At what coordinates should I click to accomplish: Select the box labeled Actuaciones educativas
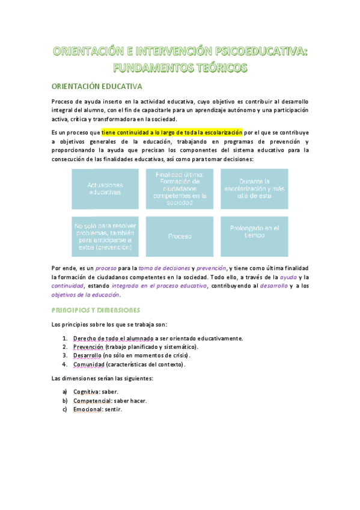coord(105,188)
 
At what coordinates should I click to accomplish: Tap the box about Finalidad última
coord(180,188)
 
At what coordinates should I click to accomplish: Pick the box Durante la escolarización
coord(254,188)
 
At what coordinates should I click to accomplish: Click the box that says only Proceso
coord(180,236)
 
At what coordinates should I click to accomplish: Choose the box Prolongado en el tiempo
coord(254,232)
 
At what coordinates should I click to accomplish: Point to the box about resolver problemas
coord(105,236)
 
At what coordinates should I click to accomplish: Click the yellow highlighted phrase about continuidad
coord(172,132)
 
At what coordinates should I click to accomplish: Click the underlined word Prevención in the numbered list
coord(88,347)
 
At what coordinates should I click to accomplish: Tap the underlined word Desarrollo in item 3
coord(88,355)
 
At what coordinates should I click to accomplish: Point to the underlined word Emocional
coord(87,410)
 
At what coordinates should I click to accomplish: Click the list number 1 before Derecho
coord(64,338)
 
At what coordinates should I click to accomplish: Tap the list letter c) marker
coord(64,410)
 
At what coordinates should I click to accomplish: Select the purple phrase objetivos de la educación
coord(85,295)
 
